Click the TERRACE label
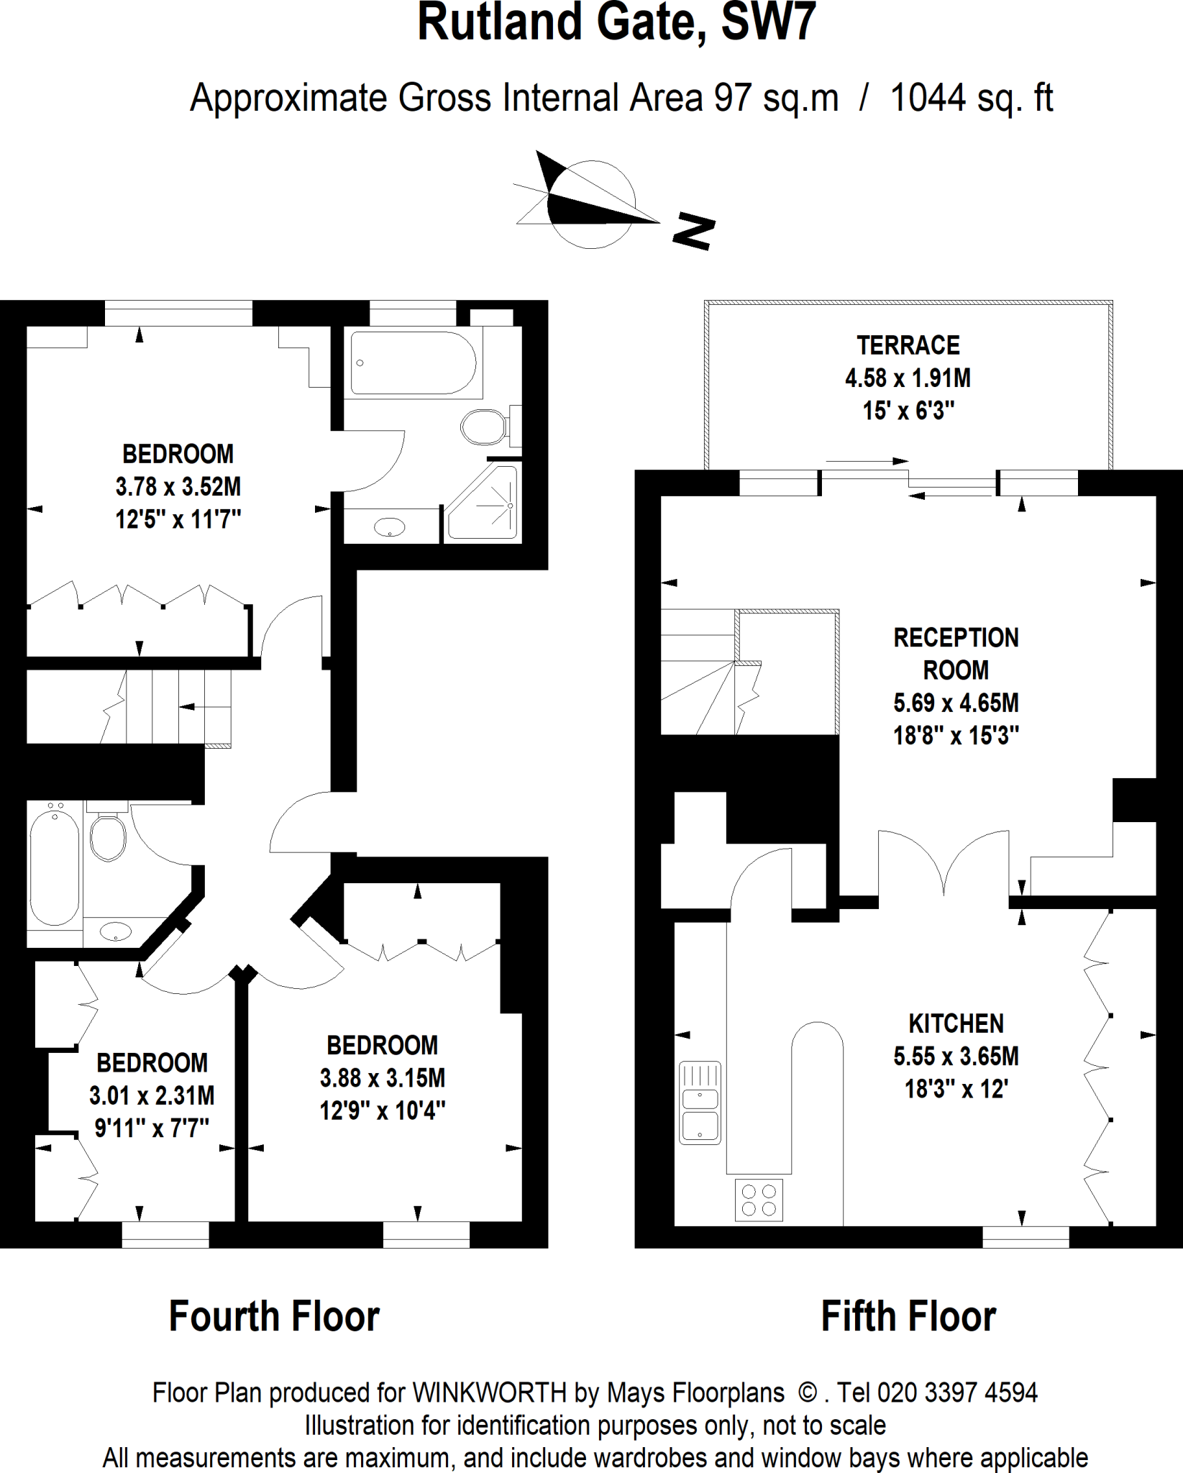pyautogui.click(x=908, y=346)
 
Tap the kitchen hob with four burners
pyautogui.click(x=759, y=1199)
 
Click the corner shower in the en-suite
pyautogui.click(x=483, y=503)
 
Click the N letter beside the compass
pyautogui.click(x=693, y=232)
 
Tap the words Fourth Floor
pyautogui.click(x=274, y=1317)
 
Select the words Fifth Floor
pyautogui.click(x=908, y=1317)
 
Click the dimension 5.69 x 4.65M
pyautogui.click(x=956, y=703)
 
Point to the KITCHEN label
pyautogui.click(x=956, y=1023)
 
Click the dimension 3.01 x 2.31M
pyautogui.click(x=152, y=1095)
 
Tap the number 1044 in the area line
pyautogui.click(x=928, y=98)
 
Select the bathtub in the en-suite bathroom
pyautogui.click(x=413, y=362)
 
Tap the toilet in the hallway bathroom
pyautogui.click(x=108, y=837)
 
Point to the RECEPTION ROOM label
pyautogui.click(x=956, y=654)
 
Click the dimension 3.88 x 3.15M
pyautogui.click(x=382, y=1078)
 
